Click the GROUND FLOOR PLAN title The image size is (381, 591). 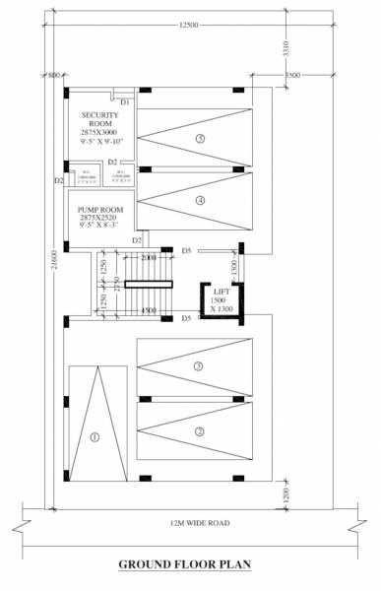[185, 564]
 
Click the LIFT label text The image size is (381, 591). [221, 293]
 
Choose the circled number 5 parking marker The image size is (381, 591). [200, 139]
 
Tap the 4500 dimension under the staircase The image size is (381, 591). [150, 312]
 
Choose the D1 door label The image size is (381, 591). [125, 102]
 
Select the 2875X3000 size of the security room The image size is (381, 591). [98, 131]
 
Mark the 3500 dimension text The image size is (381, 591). [292, 75]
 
